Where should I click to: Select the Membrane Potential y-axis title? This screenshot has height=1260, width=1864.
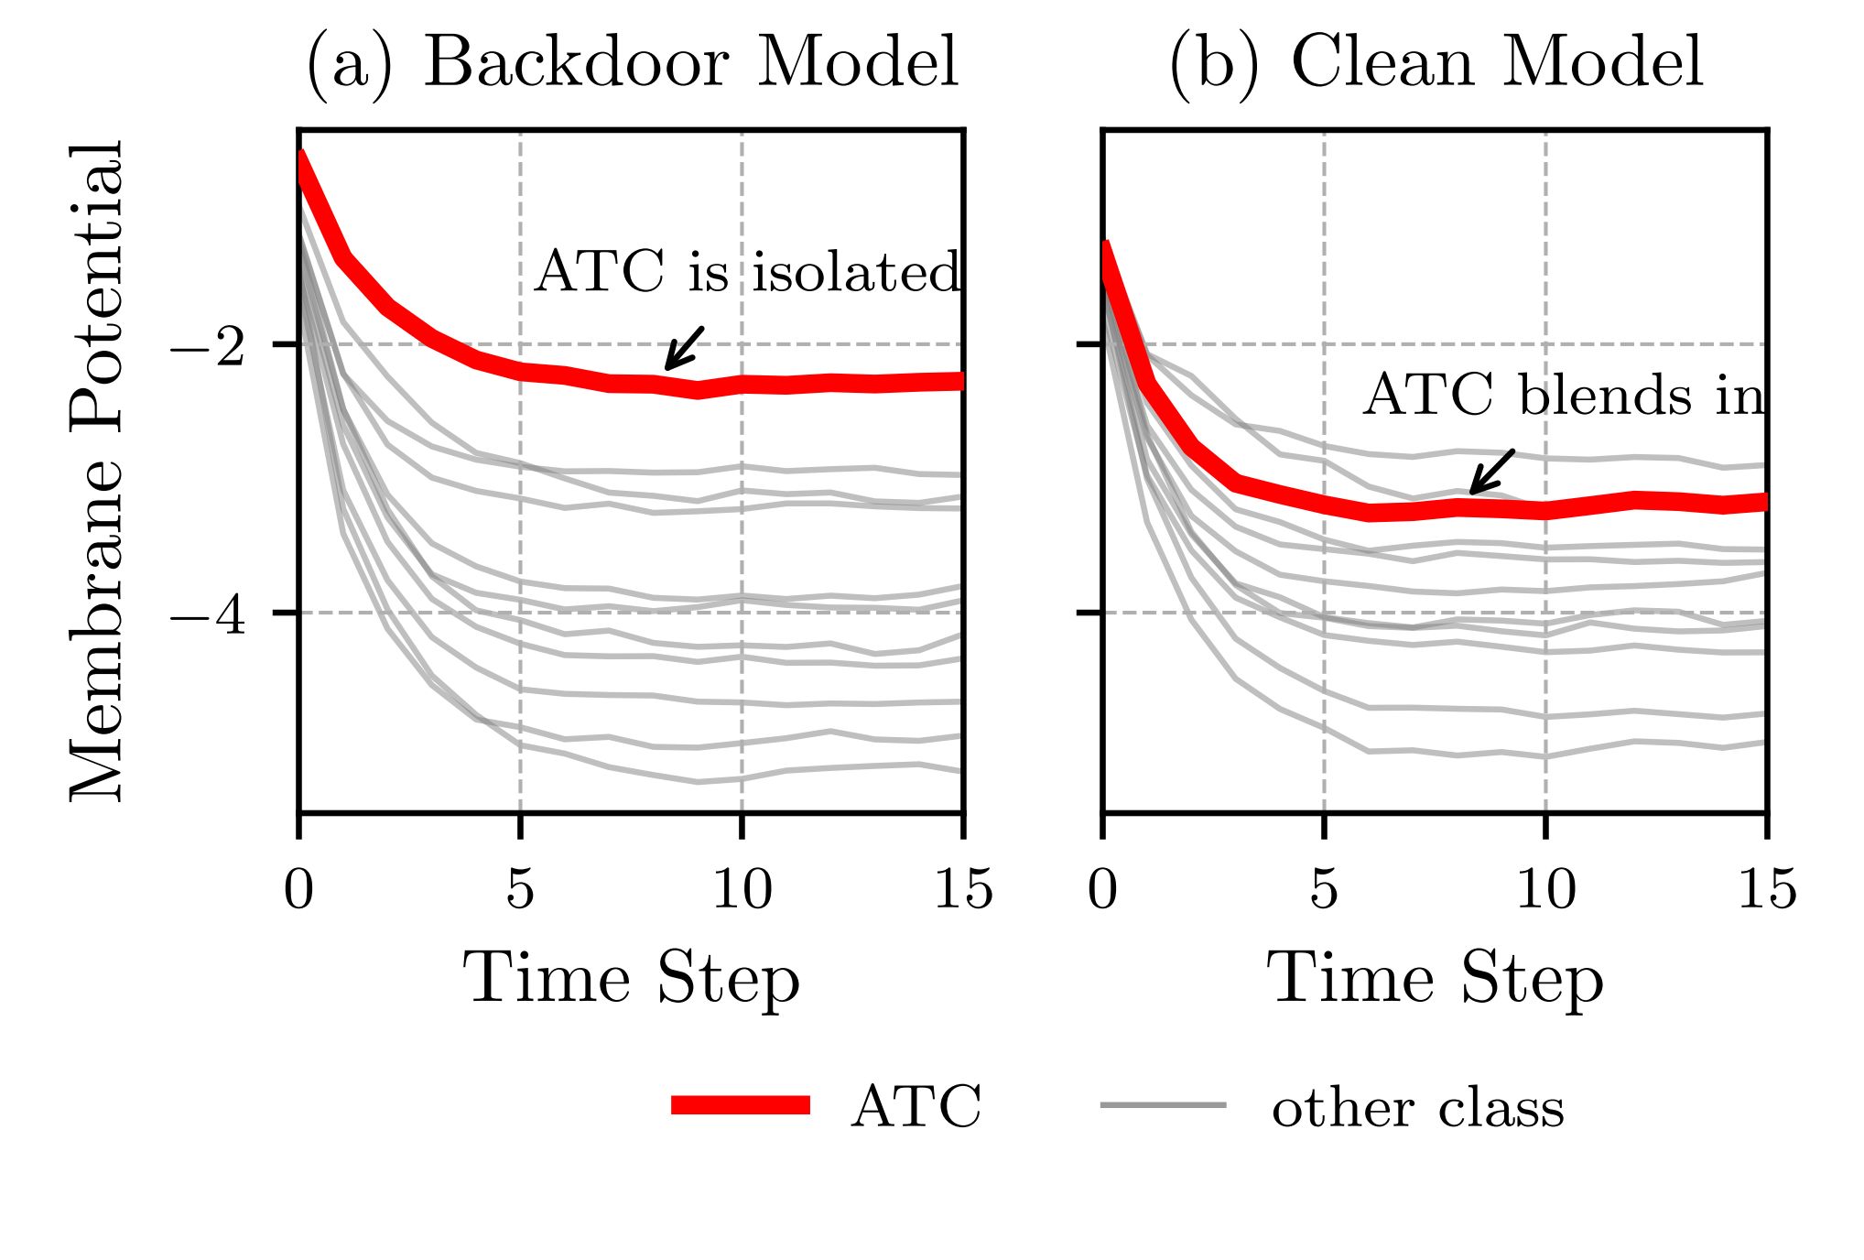pos(95,472)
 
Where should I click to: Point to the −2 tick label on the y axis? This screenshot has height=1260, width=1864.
pos(208,346)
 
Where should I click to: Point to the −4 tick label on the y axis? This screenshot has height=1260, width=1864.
pos(208,614)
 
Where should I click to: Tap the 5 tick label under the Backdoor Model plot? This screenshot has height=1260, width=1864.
pos(520,888)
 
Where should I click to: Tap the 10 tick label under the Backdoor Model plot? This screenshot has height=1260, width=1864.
pos(742,888)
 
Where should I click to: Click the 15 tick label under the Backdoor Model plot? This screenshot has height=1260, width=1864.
pos(963,888)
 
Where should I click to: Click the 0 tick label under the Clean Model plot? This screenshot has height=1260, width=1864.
pos(1102,888)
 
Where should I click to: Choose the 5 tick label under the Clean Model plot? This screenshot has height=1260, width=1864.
pos(1324,888)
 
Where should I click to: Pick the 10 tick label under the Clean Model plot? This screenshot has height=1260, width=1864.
pos(1545,888)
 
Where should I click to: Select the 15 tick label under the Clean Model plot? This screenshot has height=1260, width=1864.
pos(1767,888)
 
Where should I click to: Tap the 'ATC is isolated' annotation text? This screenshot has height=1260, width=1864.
pos(747,272)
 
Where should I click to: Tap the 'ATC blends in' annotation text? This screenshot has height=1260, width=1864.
pos(1564,396)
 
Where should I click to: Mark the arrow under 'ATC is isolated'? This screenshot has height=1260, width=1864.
pos(684,348)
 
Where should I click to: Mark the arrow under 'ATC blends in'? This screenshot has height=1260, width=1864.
pos(1491,472)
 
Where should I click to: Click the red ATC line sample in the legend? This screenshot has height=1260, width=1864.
pos(741,1105)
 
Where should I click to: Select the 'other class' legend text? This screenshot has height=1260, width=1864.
pos(1417,1108)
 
